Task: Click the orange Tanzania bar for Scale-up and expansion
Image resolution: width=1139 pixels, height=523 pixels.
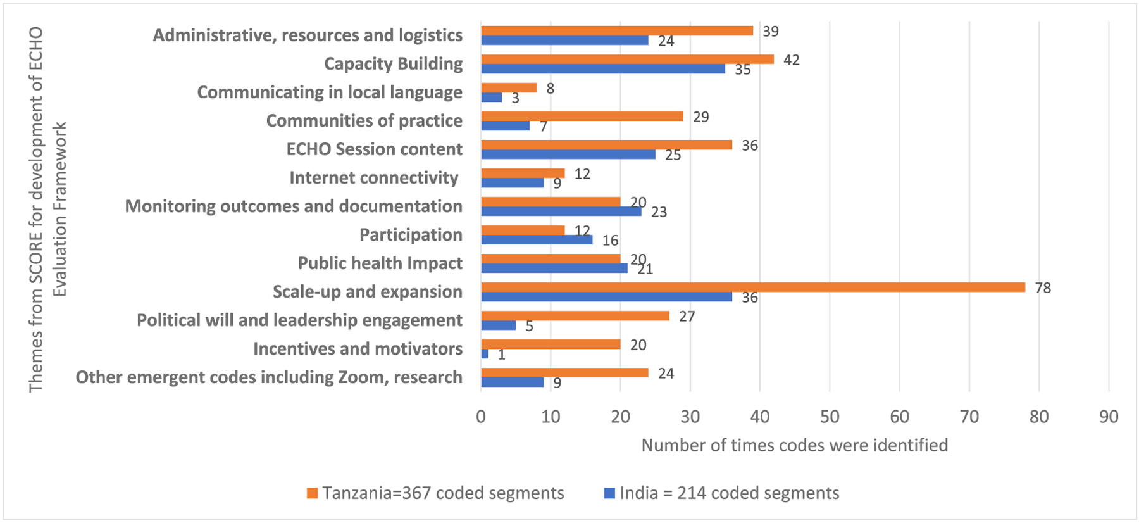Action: coord(753,287)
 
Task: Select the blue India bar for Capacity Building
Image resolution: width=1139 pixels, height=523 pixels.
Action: coord(603,69)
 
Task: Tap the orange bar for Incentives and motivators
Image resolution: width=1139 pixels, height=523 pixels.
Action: coord(551,344)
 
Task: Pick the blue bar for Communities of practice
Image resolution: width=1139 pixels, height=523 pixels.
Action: coord(505,126)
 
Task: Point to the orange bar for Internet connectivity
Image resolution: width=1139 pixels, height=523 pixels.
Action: coord(523,173)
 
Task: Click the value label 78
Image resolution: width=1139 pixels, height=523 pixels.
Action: coord(1043,288)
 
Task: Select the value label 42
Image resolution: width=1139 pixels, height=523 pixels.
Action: coord(792,60)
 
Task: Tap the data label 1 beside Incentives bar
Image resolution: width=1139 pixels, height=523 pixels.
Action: coord(502,355)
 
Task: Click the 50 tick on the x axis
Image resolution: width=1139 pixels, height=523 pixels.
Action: coord(830,417)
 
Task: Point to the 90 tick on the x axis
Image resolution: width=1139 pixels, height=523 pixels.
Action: coord(1109,417)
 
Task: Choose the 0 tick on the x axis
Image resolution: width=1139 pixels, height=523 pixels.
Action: coord(481,417)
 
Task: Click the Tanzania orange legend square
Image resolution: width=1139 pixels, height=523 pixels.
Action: coord(312,493)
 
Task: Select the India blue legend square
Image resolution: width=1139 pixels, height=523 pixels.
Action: coord(609,493)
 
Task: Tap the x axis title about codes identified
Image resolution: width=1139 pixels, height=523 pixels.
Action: coord(794,445)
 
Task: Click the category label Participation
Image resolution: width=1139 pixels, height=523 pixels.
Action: coord(411,235)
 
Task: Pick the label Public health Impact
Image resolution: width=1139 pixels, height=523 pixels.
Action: coord(380,263)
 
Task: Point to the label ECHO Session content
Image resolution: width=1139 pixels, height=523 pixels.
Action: coord(374,149)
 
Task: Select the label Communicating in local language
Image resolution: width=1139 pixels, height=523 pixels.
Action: coord(330,92)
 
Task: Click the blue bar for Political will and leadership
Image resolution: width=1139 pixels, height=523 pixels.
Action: coord(499,325)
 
